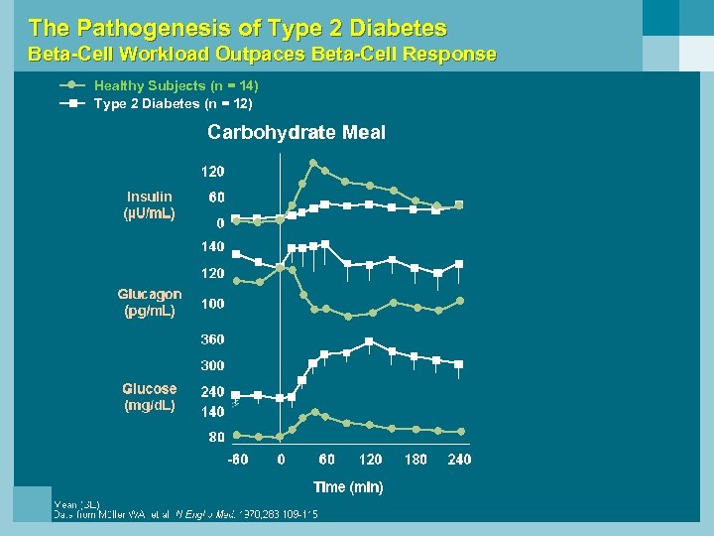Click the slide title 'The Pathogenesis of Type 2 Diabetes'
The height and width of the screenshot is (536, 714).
(238, 28)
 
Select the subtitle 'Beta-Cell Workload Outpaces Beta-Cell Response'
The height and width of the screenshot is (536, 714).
(262, 55)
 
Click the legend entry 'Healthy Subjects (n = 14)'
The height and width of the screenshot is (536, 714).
(176, 86)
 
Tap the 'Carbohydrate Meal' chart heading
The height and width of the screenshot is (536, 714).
(296, 132)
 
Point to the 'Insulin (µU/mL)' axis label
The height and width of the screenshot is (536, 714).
(149, 205)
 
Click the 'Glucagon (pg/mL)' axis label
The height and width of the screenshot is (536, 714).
(150, 303)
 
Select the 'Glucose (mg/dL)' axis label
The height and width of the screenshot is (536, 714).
(150, 397)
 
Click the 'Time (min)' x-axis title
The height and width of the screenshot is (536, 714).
(348, 486)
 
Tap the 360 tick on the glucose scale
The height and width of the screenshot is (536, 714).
(213, 339)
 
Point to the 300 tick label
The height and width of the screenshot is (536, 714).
(213, 366)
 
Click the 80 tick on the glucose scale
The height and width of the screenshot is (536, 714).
(215, 437)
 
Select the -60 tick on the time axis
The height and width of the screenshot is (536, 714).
(238, 460)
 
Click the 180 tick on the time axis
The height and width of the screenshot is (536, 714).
(415, 460)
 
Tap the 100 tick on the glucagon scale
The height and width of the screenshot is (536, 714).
(213, 304)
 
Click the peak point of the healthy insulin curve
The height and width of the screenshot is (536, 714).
(314, 164)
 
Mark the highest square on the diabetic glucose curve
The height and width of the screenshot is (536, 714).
(369, 341)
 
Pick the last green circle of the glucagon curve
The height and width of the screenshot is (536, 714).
(459, 300)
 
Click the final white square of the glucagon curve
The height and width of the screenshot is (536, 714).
(459, 264)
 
